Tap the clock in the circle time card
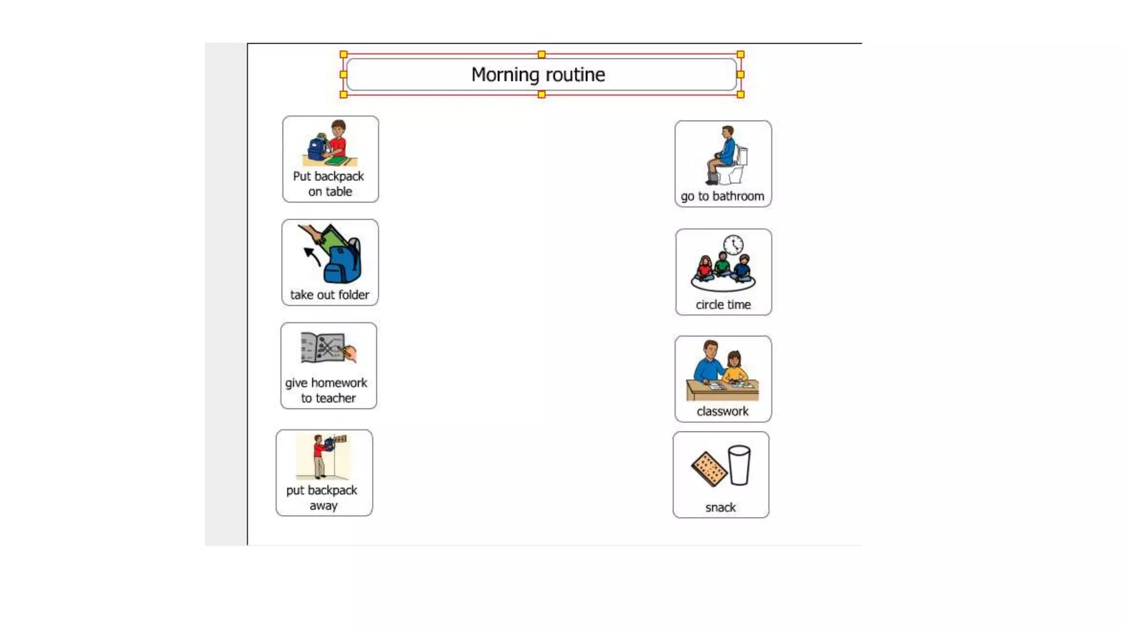coord(733,245)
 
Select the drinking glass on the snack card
coord(739,465)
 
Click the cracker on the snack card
coord(709,469)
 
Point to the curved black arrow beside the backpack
coord(312,256)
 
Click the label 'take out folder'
coord(329,295)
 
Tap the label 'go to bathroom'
coord(722,196)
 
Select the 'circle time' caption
coord(723,305)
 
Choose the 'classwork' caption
coord(722,411)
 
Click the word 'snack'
coord(720,507)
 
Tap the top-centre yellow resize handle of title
coord(541,54)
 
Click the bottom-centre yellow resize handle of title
coord(541,95)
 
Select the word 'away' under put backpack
coord(323,506)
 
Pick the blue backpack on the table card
coord(317,148)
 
